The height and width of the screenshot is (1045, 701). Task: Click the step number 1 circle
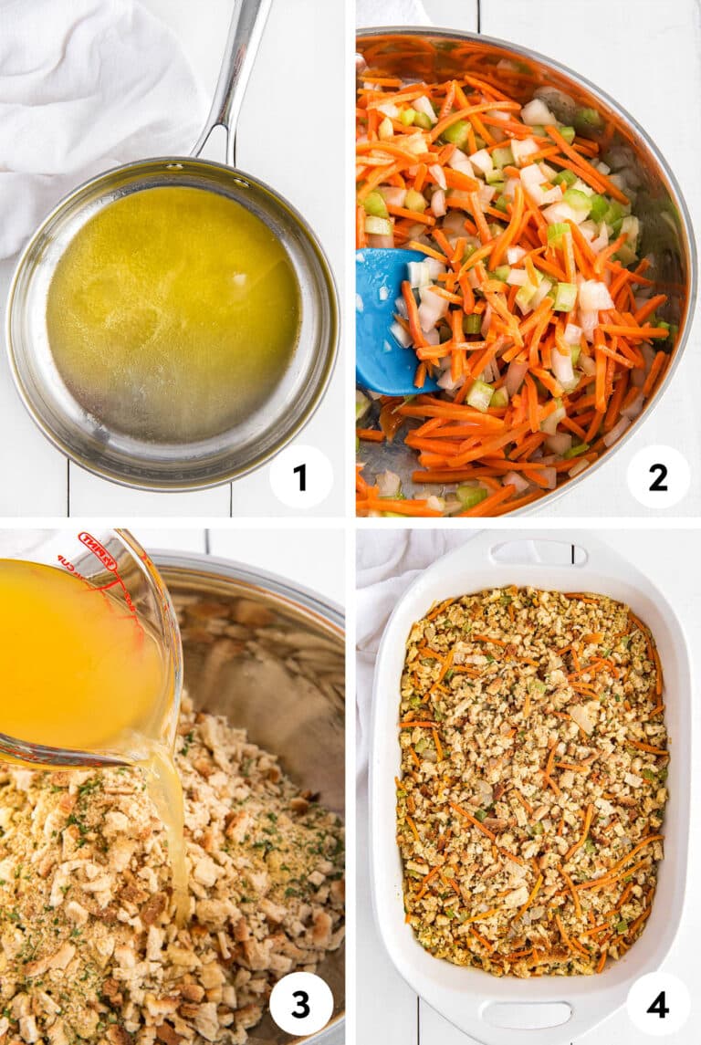pos(301,476)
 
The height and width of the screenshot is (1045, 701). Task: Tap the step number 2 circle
pos(658,476)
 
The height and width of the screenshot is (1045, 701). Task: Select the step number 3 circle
pos(301,1003)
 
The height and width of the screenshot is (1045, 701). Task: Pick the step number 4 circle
pos(658,1003)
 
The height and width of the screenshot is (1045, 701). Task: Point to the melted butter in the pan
pos(173,310)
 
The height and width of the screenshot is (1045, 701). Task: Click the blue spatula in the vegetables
pos(383,319)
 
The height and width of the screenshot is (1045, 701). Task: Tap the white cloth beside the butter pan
pos(82,91)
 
